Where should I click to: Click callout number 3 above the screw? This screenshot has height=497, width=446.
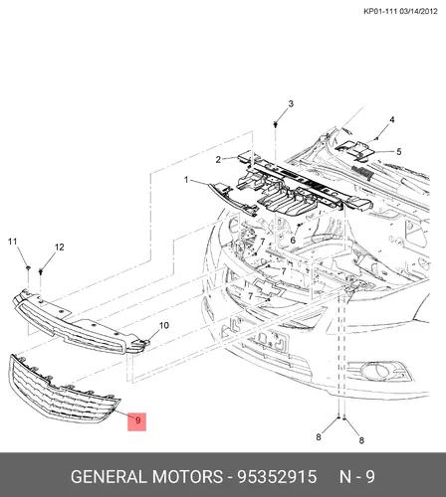point(291,103)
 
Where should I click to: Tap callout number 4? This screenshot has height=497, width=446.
point(392,119)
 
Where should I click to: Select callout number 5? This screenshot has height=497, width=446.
point(399,151)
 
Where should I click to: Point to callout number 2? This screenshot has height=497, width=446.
point(218,159)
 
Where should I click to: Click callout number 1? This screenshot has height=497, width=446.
point(186,180)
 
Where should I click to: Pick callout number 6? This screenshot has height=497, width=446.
point(293,240)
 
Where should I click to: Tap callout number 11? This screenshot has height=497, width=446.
point(12,242)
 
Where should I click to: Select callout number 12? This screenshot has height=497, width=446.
point(59,247)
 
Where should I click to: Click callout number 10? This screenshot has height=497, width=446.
point(164,325)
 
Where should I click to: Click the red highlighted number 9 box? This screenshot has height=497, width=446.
point(137,421)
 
